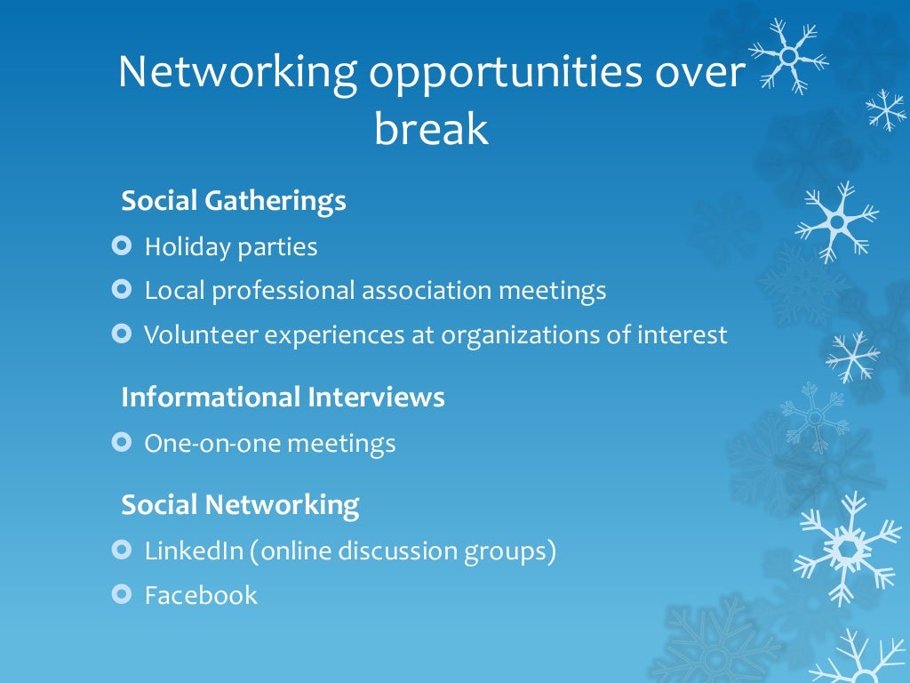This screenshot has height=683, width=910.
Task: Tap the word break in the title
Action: click(432, 129)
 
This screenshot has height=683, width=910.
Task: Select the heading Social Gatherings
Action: click(234, 201)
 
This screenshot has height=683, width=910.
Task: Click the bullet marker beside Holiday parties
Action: click(123, 245)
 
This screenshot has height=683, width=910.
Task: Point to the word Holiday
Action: click(187, 246)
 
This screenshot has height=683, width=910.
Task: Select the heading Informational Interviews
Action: click(283, 397)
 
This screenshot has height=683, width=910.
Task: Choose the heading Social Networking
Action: click(240, 505)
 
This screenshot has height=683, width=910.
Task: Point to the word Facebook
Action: click(201, 595)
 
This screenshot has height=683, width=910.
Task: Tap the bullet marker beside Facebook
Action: click(123, 593)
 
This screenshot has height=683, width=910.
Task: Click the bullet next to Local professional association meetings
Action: click(123, 289)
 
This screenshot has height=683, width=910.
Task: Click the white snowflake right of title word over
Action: click(787, 55)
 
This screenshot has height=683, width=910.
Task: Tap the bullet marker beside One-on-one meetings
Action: click(123, 441)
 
